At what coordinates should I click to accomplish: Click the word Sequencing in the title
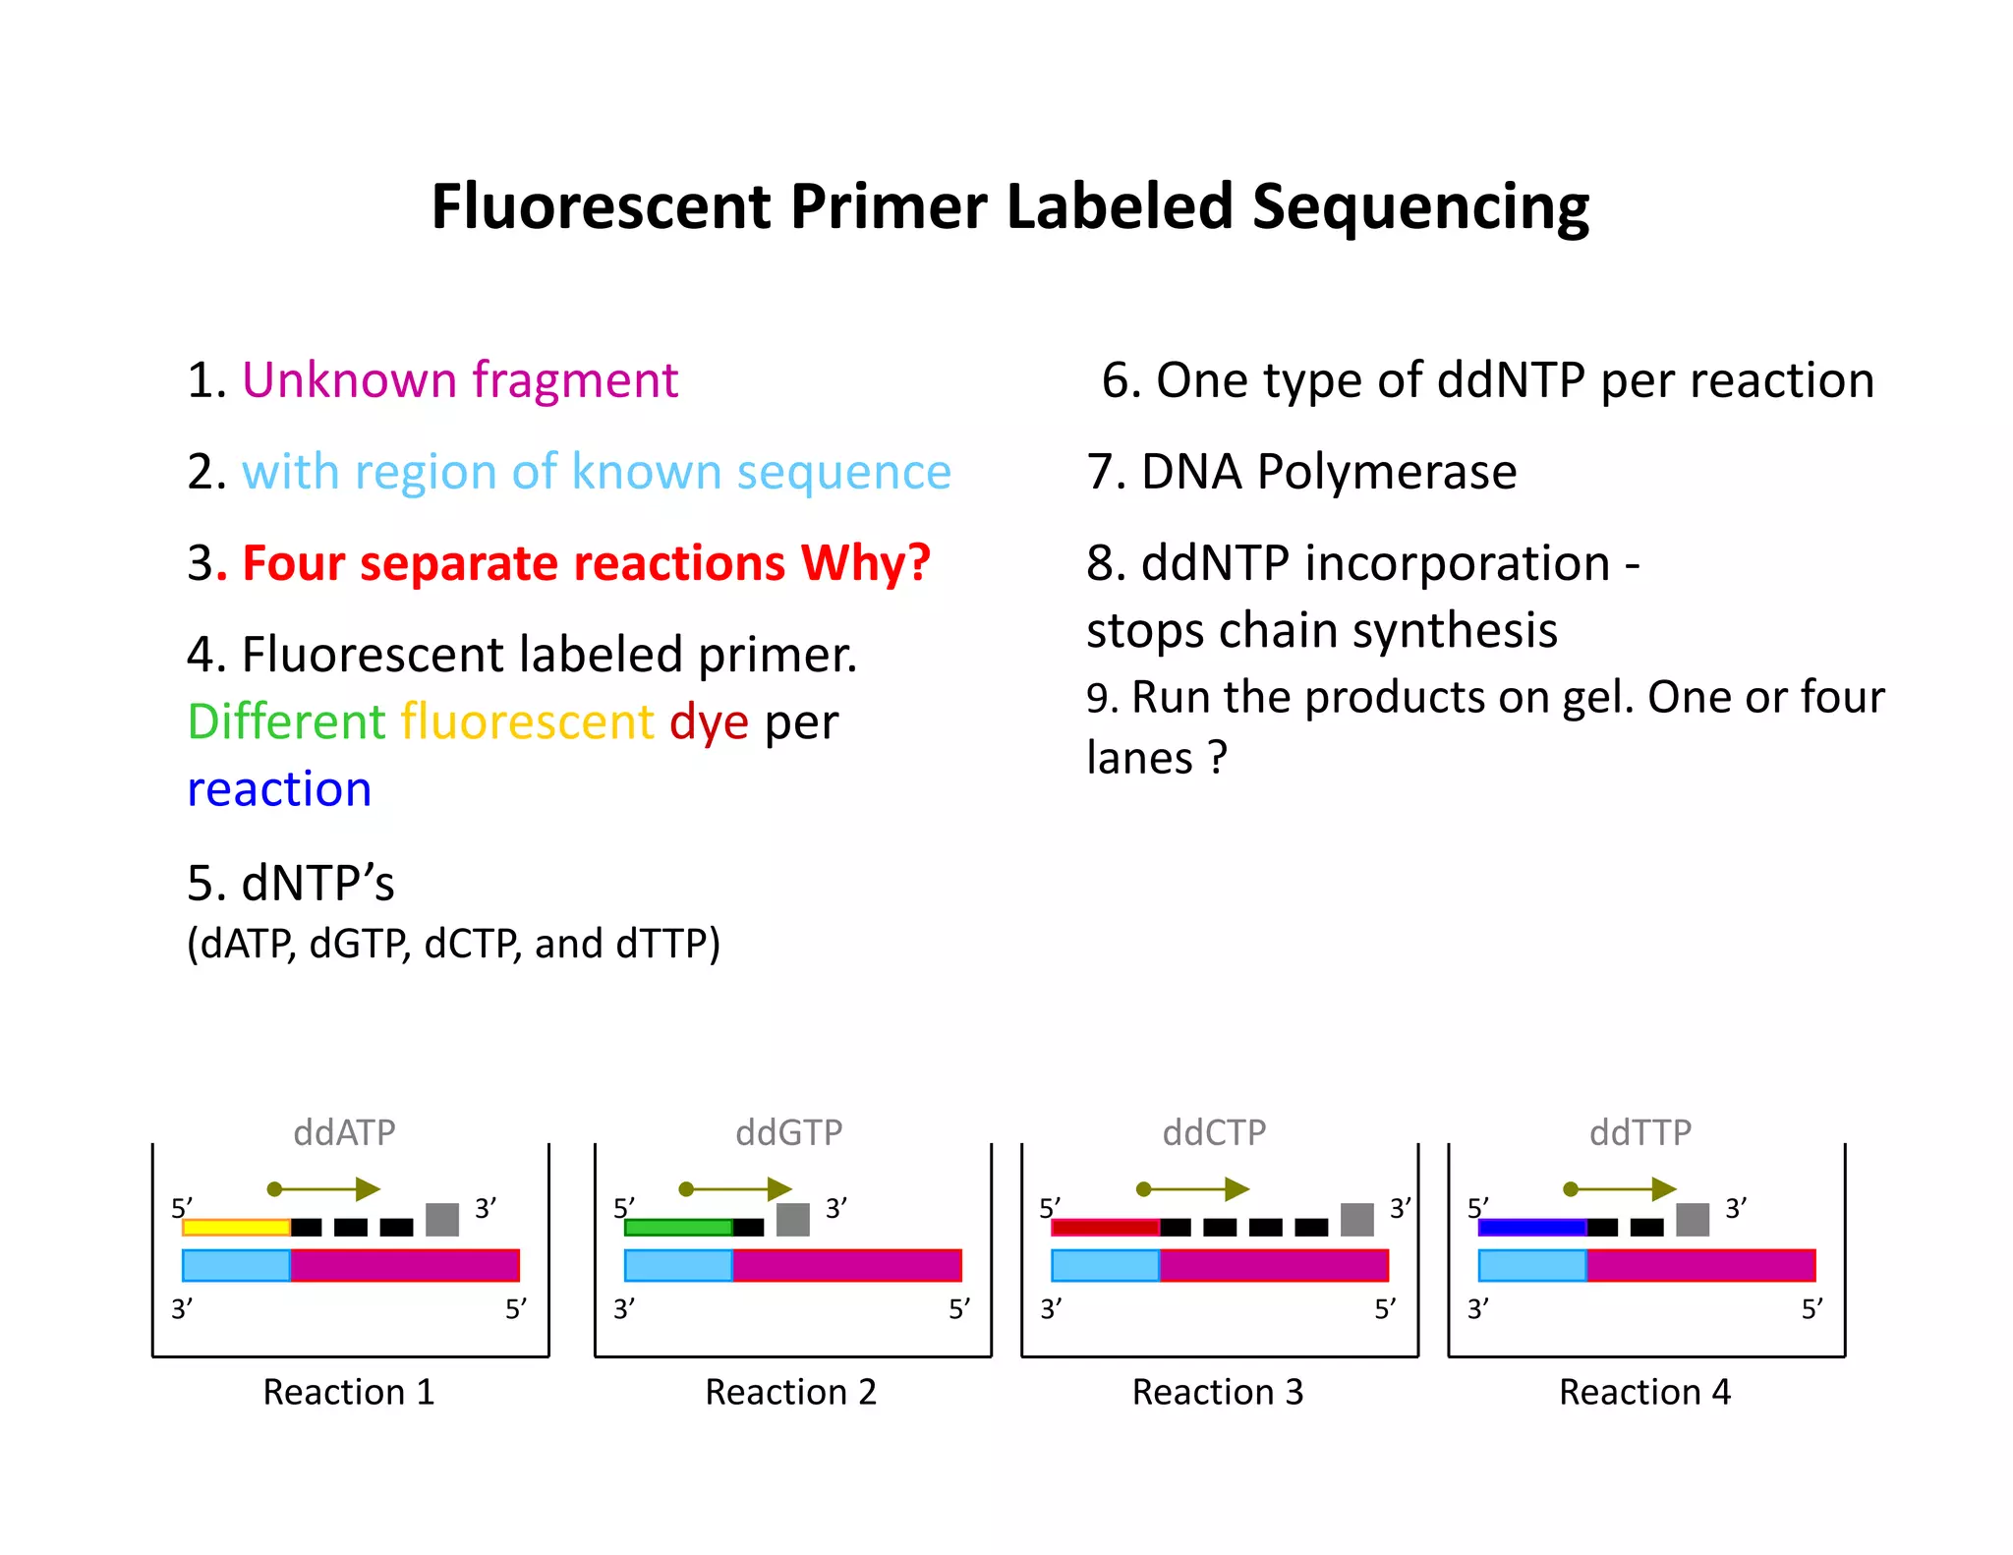click(1420, 207)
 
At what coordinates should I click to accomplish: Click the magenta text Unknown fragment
click(459, 380)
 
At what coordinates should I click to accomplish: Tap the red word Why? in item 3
click(865, 563)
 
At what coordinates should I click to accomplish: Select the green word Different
click(286, 721)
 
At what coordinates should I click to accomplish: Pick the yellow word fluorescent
click(527, 721)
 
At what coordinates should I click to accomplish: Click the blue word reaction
click(279, 789)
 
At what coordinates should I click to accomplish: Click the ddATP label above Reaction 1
click(344, 1132)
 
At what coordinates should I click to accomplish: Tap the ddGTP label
click(788, 1132)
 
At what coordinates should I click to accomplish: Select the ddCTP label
click(1214, 1132)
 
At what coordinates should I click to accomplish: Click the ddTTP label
click(1640, 1132)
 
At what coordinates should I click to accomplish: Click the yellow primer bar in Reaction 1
click(236, 1227)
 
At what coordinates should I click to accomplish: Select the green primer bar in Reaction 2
click(678, 1227)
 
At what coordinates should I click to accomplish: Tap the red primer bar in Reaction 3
click(1105, 1227)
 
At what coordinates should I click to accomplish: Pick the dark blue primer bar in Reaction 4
click(1531, 1227)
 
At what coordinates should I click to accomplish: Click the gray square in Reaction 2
click(792, 1220)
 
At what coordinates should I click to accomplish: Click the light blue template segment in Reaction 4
click(1531, 1265)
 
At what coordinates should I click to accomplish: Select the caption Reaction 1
click(348, 1392)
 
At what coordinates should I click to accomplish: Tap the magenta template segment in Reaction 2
click(846, 1265)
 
